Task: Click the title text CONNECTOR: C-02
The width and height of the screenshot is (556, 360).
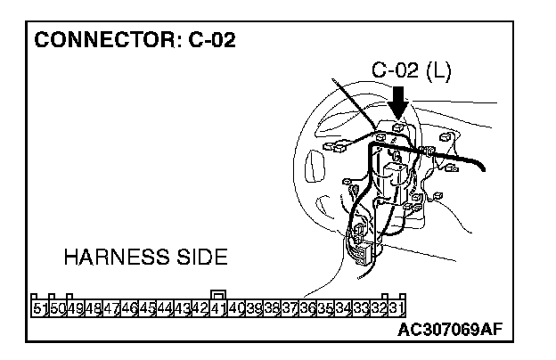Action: pos(135,41)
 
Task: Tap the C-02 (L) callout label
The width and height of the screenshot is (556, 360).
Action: pos(411,71)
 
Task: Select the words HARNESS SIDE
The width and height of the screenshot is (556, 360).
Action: pos(145,258)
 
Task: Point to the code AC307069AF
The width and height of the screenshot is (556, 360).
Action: pos(451,331)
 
